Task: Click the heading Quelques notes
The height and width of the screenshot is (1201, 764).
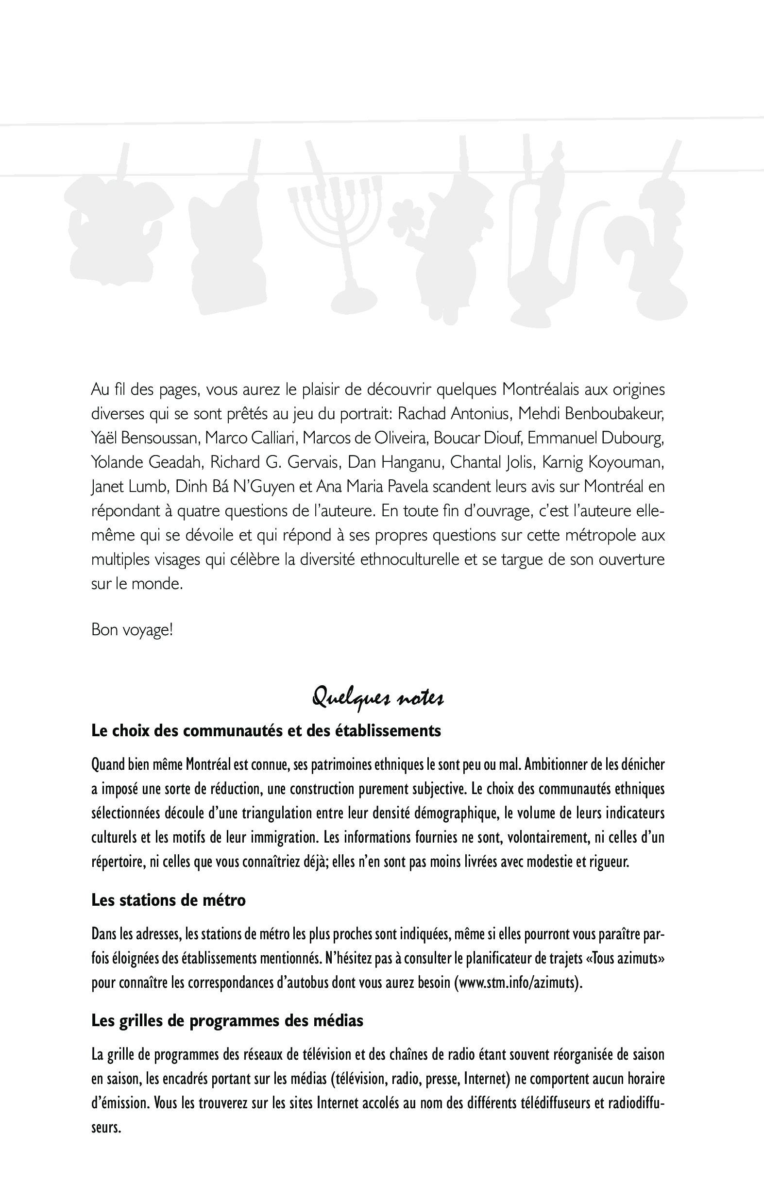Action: [x=377, y=697]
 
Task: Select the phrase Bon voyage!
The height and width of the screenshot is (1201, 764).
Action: [x=132, y=630]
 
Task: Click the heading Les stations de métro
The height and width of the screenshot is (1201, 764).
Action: [x=169, y=900]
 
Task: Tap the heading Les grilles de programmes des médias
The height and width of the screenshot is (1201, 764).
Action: [x=227, y=1020]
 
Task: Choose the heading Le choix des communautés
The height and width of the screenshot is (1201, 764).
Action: [x=266, y=731]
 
